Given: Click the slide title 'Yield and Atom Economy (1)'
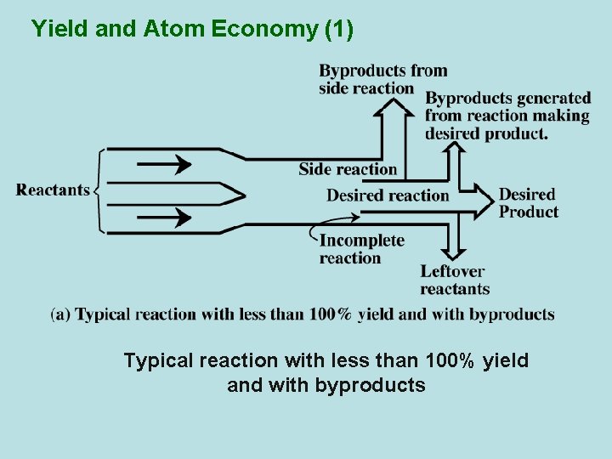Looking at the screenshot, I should [x=192, y=29].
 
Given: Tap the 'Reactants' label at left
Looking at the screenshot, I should [x=53, y=190].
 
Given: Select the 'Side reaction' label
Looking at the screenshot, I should [x=348, y=169].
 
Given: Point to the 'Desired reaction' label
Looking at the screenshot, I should [x=388, y=195].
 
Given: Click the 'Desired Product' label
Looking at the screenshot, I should [x=528, y=203].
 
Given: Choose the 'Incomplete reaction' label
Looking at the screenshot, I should [x=361, y=249].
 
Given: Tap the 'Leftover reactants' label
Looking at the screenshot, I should [x=454, y=280].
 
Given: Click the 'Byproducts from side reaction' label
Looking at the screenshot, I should [x=382, y=78].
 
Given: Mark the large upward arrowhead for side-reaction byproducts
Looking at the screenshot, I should [x=393, y=107].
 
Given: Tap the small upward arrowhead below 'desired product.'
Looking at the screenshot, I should [x=456, y=150].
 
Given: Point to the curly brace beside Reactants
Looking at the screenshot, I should [x=99, y=190].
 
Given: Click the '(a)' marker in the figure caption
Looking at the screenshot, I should [x=61, y=314].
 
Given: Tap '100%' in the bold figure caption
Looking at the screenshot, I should [x=330, y=314].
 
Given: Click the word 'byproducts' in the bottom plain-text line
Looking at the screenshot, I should [x=370, y=385].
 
